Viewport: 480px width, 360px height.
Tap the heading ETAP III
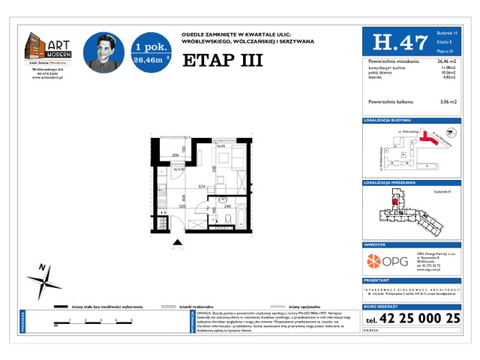[222, 61]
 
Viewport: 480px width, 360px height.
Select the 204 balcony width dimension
[174, 155]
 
